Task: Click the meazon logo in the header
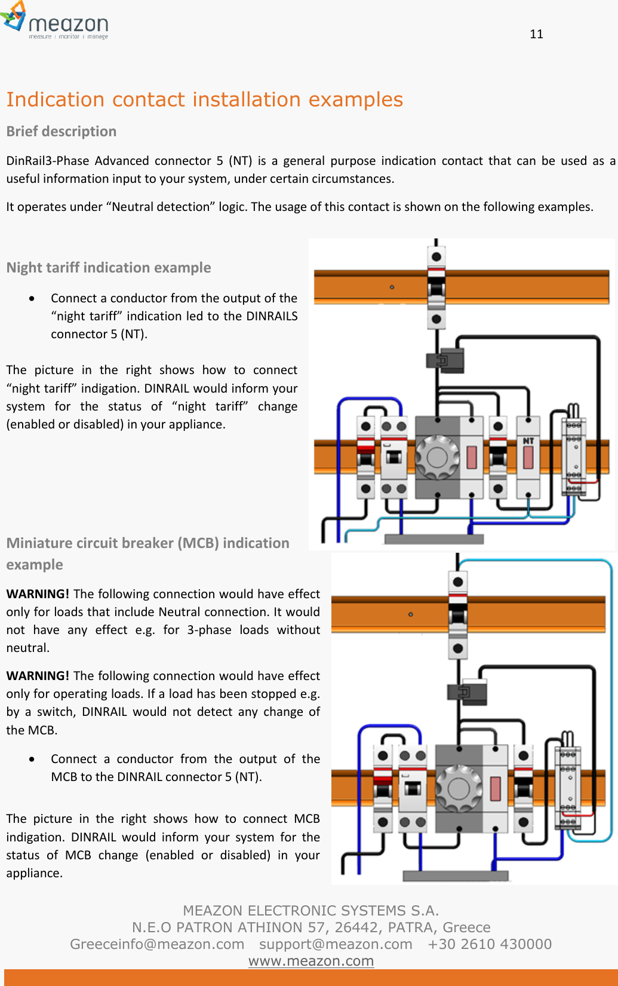[x=55, y=22]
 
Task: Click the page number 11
[x=536, y=34]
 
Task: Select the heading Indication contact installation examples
[x=204, y=99]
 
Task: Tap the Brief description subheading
[x=62, y=131]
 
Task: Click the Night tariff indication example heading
[x=109, y=268]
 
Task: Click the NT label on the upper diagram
[x=528, y=441]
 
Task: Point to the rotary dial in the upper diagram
[x=437, y=457]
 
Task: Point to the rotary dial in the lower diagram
[x=458, y=788]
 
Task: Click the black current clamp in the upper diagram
[x=445, y=360]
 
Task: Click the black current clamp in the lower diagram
[x=468, y=692]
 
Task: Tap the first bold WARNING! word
[x=38, y=594]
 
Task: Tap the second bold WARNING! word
[x=38, y=676]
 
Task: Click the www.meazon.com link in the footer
[x=310, y=961]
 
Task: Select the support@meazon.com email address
[x=336, y=944]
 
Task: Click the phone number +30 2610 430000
[x=490, y=944]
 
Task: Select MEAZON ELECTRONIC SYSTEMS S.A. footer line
[x=310, y=911]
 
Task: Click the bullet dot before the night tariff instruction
[x=32, y=298]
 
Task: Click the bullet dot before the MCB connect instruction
[x=32, y=759]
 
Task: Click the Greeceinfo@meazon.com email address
[x=157, y=944]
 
